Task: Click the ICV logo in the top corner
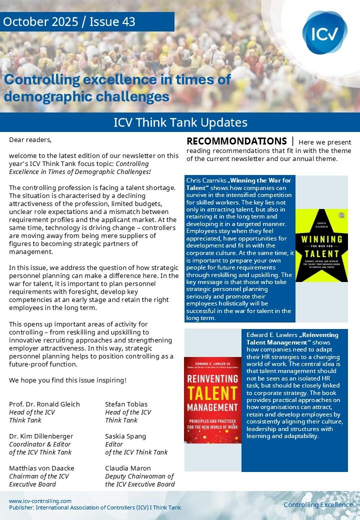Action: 324,33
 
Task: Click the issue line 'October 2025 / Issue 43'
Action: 69,22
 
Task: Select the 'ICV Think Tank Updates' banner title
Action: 180,122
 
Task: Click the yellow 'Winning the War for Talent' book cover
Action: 321,245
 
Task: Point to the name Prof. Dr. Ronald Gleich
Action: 44,404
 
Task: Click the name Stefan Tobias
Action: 125,404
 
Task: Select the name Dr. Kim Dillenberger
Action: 41,436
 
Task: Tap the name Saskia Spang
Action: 125,436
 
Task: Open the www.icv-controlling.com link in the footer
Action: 40,501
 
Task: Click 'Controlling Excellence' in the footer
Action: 318,504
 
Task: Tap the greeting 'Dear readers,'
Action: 30,139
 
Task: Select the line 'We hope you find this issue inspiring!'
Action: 67,380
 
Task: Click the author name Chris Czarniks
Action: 206,180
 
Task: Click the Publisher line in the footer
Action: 95,507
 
